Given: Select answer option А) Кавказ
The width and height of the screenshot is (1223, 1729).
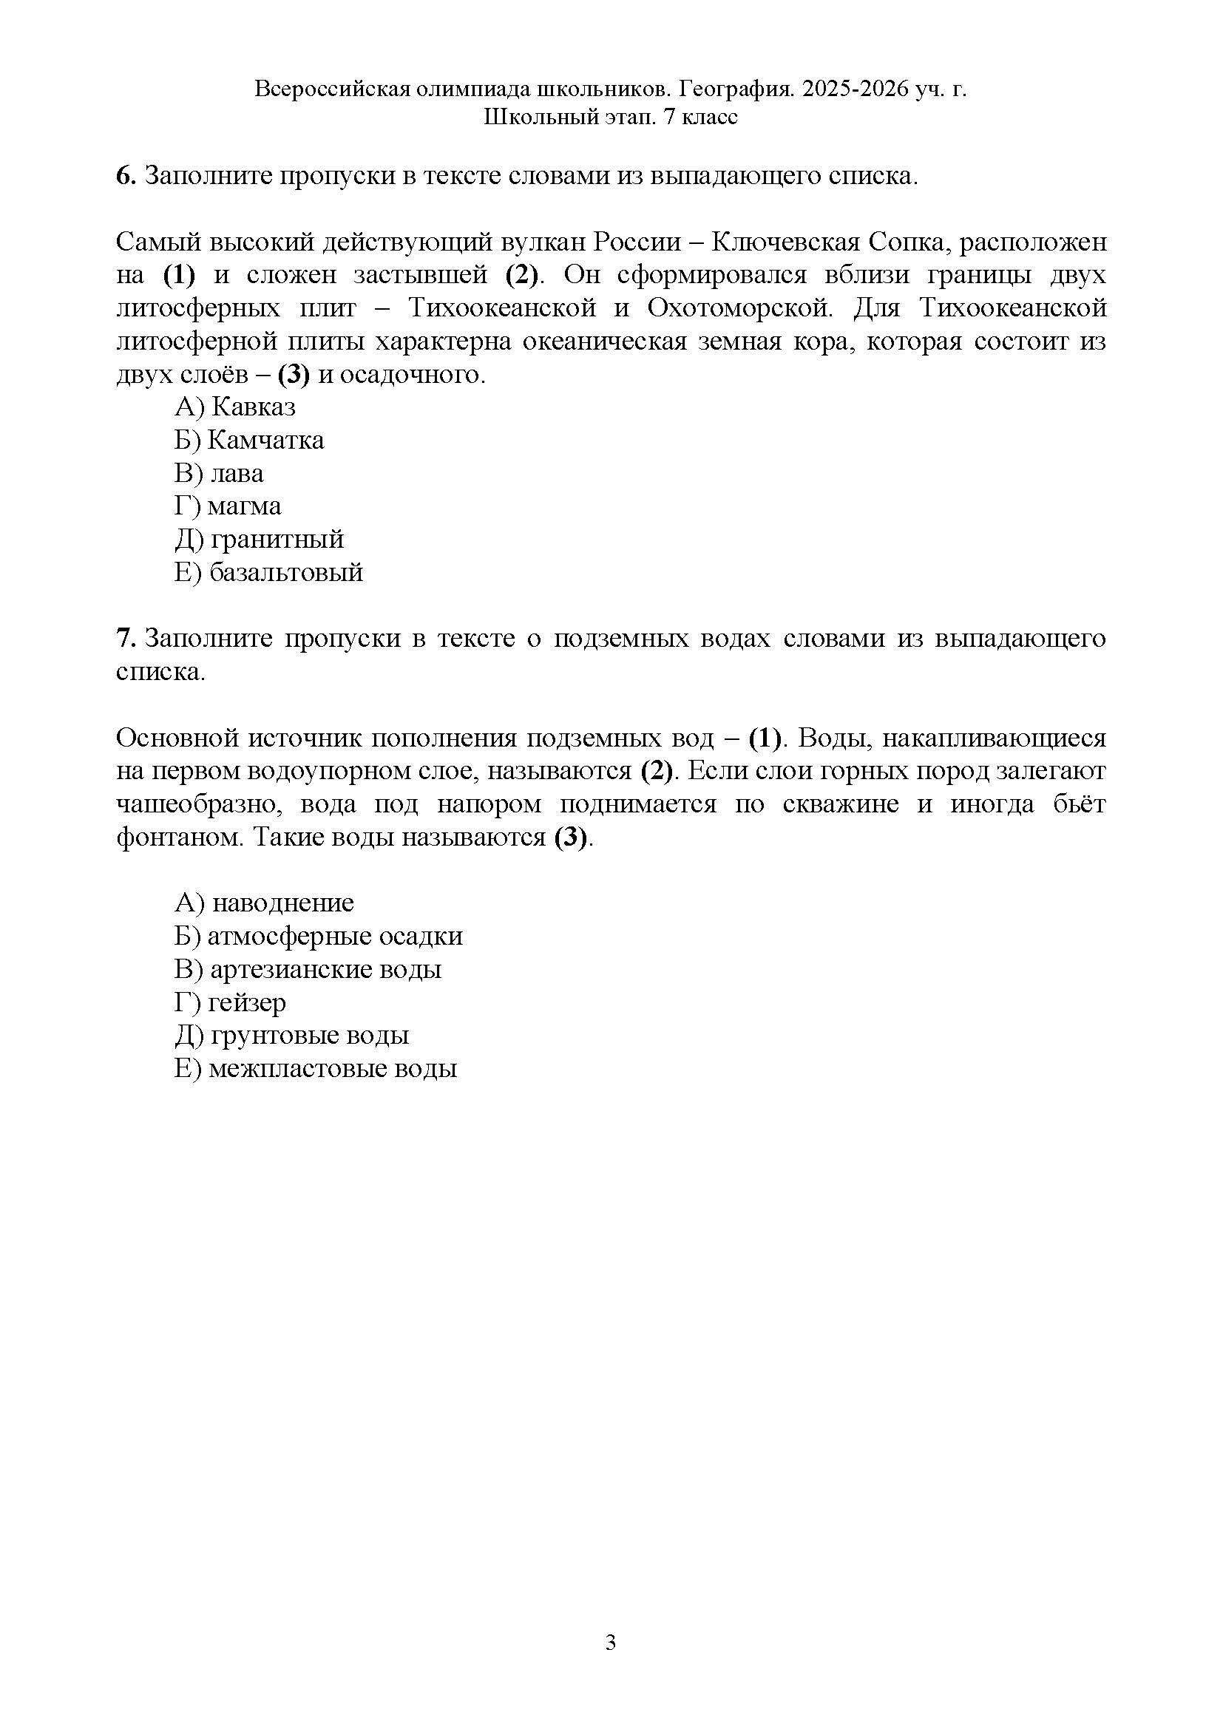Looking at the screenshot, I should [235, 407].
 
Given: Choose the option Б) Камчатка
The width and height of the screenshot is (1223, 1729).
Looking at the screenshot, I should [249, 441].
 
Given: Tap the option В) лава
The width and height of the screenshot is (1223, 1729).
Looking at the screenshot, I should [219, 474].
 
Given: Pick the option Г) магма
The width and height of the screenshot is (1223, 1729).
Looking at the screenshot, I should [228, 507].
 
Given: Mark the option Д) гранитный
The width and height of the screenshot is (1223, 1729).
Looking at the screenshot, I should [259, 540].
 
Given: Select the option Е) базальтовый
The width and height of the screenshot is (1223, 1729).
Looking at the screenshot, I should [269, 573].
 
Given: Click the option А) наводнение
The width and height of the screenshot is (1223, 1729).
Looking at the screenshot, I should [264, 903].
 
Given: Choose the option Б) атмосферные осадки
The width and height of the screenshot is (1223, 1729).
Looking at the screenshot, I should [319, 936].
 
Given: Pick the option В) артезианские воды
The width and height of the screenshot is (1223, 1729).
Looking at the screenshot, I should [308, 969].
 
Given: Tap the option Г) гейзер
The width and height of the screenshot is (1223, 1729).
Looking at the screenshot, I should [231, 1002].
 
